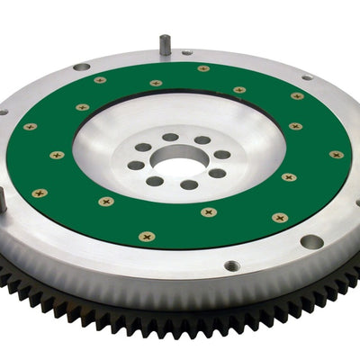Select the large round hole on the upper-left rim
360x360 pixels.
tap(81, 67)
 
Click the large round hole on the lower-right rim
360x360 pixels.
tap(311, 241)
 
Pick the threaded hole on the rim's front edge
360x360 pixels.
tap(231, 266)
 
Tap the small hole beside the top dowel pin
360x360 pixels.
tap(186, 52)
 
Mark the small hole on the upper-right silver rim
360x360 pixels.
tap(307, 76)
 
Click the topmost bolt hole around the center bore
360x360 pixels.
tap(171, 137)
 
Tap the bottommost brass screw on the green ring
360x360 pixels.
tap(147, 237)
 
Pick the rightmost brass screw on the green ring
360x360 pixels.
tap(336, 154)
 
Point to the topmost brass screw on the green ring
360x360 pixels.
tap(203, 67)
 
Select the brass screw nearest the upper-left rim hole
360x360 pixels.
tap(99, 79)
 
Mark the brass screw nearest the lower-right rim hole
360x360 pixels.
tap(280, 217)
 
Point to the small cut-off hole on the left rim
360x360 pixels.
tap(3, 112)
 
